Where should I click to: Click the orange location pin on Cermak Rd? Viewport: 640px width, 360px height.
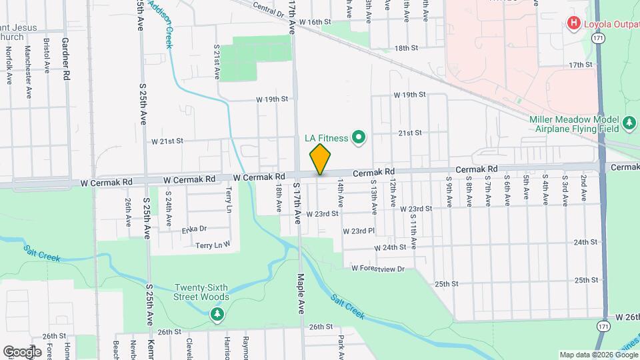pos(321,159)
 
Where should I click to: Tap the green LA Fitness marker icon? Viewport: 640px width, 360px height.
pos(359,138)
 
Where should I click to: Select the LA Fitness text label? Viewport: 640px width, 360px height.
pos(326,139)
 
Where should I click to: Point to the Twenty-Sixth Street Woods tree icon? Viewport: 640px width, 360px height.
pos(217,313)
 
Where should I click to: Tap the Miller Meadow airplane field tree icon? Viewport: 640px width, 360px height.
pos(629,123)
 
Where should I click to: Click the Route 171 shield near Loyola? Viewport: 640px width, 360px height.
pos(601,41)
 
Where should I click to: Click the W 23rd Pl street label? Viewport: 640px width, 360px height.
pos(359,231)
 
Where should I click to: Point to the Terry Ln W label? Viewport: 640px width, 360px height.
pos(213,246)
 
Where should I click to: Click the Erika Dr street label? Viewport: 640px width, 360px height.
pos(194,230)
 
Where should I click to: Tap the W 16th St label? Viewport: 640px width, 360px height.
pos(315,22)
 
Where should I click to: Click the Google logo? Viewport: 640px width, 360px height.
pos(22,351)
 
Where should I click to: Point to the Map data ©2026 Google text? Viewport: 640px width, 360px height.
pos(598,354)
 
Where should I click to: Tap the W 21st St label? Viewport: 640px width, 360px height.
pos(167,141)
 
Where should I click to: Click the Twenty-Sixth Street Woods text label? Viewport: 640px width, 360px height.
pos(202,292)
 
